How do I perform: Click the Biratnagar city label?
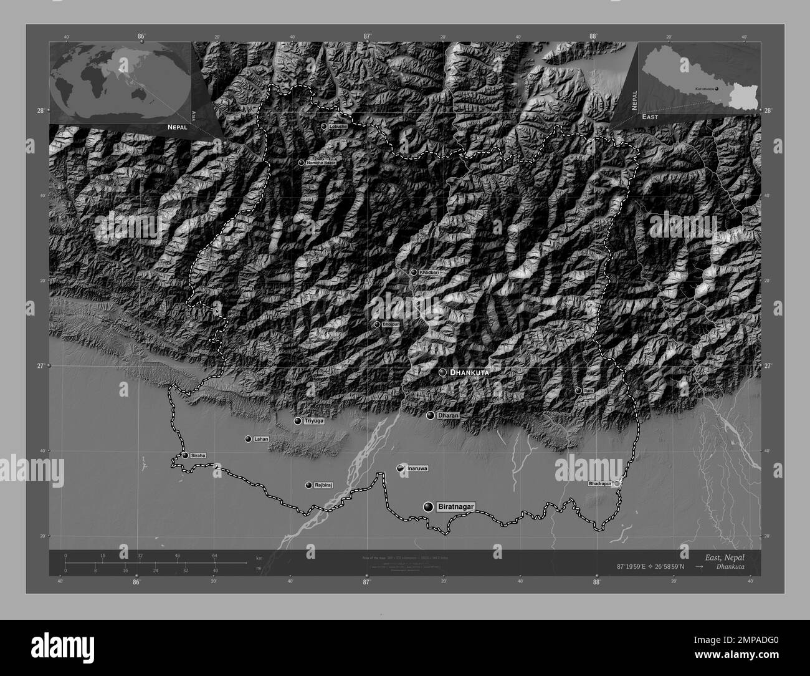click(x=455, y=507)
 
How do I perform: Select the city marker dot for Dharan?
click(x=430, y=415)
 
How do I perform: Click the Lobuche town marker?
click(x=324, y=126)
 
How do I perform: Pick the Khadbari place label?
click(x=429, y=273)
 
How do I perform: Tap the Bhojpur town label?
click(x=390, y=324)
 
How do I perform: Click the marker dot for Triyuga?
click(x=298, y=421)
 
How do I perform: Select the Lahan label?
click(x=261, y=439)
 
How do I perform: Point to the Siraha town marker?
click(x=186, y=455)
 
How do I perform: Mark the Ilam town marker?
click(x=578, y=390)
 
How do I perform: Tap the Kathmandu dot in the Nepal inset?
click(x=717, y=89)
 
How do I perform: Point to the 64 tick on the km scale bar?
click(x=214, y=555)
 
